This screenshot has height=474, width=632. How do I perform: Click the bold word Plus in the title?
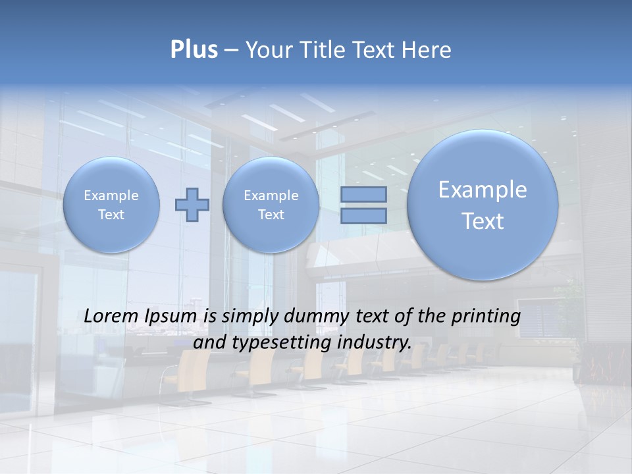point(194,50)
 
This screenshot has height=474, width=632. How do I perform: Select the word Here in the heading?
point(428,50)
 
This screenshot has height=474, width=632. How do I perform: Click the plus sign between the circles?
point(192,204)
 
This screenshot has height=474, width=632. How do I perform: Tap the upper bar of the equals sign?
point(363,194)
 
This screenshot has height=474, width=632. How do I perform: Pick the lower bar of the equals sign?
point(363,216)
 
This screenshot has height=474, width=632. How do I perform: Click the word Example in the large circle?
point(483,190)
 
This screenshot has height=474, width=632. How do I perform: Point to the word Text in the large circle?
point(483,221)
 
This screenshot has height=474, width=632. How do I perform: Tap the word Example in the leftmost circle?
point(111,196)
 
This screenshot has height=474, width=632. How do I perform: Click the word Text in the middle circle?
point(271,215)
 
